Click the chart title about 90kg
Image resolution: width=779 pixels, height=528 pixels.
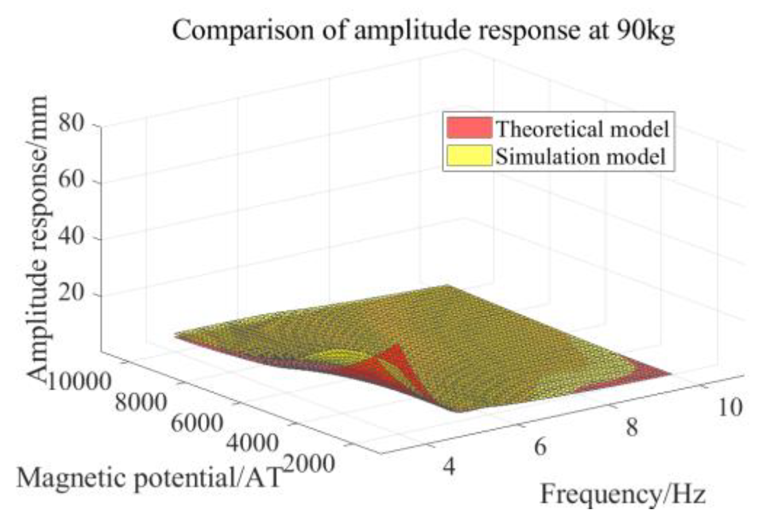click(x=423, y=31)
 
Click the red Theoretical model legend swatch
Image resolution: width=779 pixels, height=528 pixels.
click(x=469, y=128)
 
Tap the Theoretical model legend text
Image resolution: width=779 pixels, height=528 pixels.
click(x=583, y=129)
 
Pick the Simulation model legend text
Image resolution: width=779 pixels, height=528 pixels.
click(x=581, y=157)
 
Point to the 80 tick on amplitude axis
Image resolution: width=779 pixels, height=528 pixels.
click(x=71, y=123)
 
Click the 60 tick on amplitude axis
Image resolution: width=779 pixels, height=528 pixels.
click(x=71, y=180)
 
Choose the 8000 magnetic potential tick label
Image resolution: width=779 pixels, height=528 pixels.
click(x=141, y=402)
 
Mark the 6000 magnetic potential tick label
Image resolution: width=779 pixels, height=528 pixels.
click(x=196, y=424)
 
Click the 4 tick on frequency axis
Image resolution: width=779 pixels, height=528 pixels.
click(x=449, y=467)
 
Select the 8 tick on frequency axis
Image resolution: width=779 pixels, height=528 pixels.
click(x=631, y=428)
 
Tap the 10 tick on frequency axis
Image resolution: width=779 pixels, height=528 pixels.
click(x=729, y=408)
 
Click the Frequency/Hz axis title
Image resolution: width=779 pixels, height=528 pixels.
click(x=623, y=495)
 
